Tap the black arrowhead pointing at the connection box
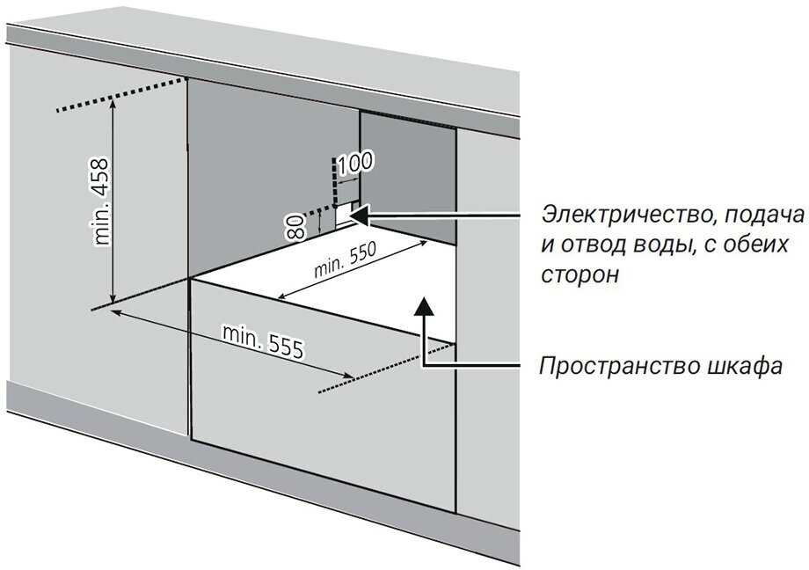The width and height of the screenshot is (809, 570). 363,212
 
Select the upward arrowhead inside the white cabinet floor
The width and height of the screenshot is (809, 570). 423,305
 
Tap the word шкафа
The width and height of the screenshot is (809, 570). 748,365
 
